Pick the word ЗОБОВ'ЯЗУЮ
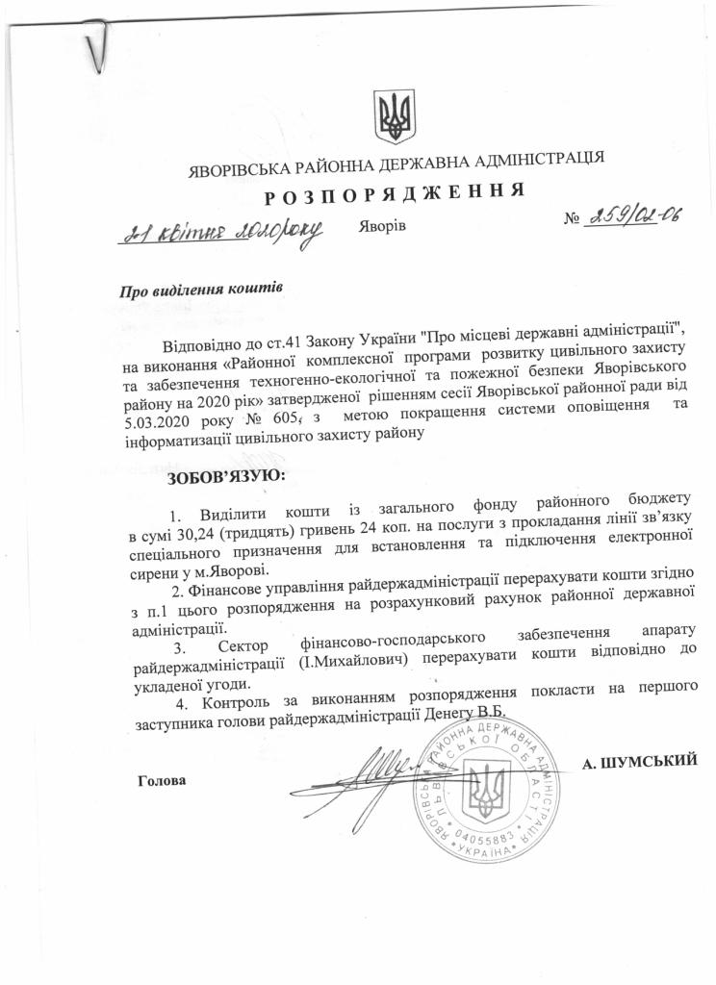click(227, 475)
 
